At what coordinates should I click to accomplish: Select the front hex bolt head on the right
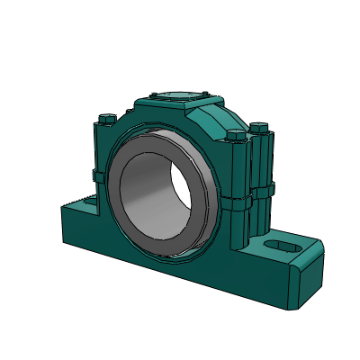(x=237, y=136)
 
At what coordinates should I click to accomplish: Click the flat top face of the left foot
(x=76, y=210)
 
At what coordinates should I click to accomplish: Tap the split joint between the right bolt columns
(x=251, y=192)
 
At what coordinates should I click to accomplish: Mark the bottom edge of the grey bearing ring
(x=166, y=255)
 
